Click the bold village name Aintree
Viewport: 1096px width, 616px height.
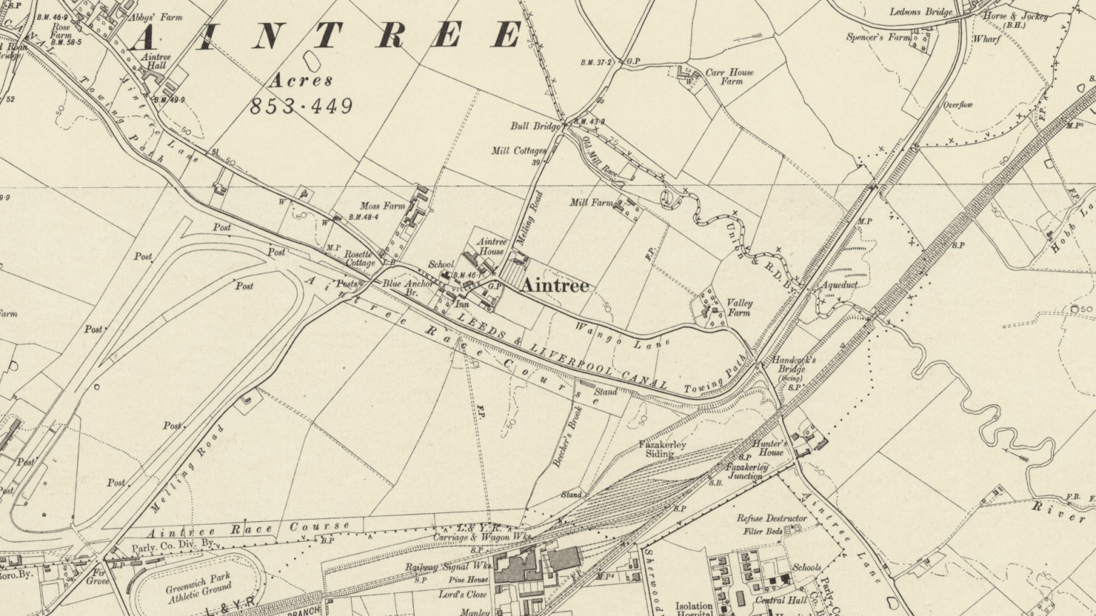coord(555,286)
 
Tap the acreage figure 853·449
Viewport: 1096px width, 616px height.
coord(301,106)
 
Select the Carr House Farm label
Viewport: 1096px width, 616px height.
coord(729,77)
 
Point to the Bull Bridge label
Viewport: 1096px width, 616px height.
coord(535,126)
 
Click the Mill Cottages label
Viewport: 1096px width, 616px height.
coord(519,151)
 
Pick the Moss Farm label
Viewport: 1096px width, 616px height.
coord(382,206)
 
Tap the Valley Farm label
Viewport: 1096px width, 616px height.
coord(739,308)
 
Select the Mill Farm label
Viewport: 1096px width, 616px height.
coord(591,203)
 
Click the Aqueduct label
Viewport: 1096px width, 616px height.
coord(839,284)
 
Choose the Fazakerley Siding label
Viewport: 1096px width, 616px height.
coord(662,449)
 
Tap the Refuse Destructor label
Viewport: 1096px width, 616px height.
coord(772,518)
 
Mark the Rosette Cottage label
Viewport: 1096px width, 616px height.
coord(359,258)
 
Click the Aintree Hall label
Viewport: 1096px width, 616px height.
coord(156,61)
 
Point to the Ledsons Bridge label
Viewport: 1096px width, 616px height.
coord(920,12)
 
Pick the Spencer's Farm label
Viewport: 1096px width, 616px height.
coord(878,37)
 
